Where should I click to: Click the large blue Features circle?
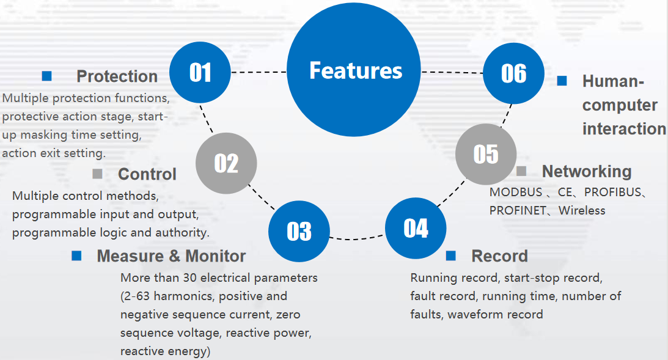coord(354,70)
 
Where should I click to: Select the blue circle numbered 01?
coord(200,72)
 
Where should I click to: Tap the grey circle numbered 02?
coord(226,163)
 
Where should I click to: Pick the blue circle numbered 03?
coord(299,231)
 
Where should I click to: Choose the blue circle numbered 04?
coord(416,229)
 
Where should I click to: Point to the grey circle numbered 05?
coord(486,154)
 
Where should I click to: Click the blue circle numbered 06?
coord(514,73)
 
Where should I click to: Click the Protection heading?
coord(117,76)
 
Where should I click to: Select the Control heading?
coord(147,174)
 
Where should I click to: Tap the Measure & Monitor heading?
coord(171,255)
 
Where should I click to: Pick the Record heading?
coord(500,256)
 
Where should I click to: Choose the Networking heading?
coord(587,171)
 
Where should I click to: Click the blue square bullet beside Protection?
coord(47,76)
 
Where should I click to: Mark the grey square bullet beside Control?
coord(97,174)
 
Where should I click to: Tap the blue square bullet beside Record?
coord(450,255)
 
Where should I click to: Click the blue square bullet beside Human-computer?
coord(562,81)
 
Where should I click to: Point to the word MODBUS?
coord(516,192)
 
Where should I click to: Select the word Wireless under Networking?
coord(582,210)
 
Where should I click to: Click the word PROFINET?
coord(518,210)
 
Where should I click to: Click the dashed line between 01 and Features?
coord(259,72)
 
